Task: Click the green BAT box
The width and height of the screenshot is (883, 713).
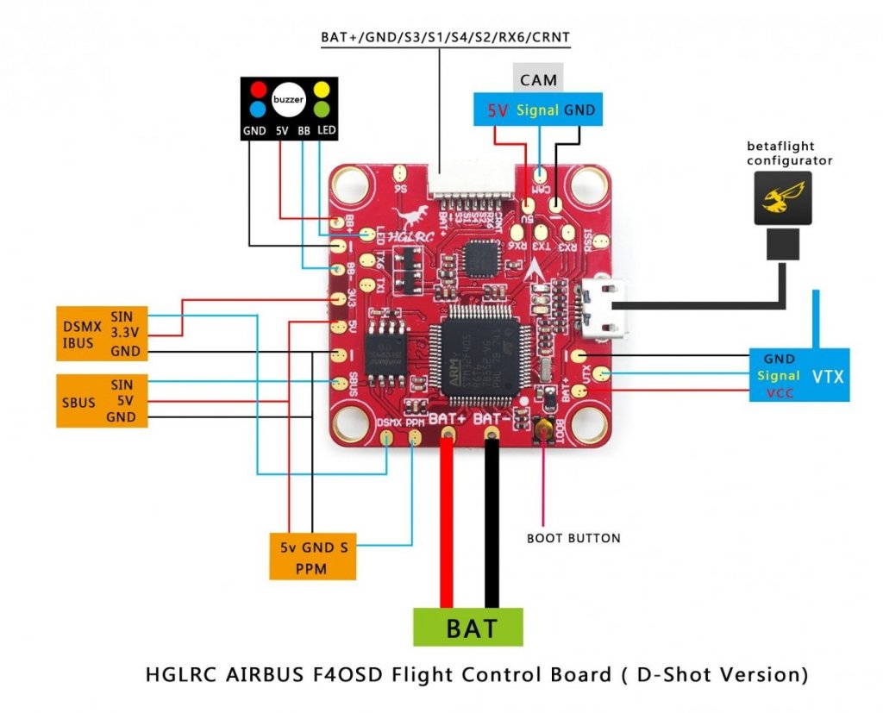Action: coord(468,627)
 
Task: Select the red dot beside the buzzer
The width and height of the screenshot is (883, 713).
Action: coord(257,89)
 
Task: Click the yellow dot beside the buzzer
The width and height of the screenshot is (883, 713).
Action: coord(321,89)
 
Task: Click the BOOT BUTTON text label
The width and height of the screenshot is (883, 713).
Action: coord(573,538)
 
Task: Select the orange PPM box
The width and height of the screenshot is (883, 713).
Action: coord(311,557)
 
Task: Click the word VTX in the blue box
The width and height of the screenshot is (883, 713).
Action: coord(829,376)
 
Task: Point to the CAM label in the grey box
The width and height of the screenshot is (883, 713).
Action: coord(538,80)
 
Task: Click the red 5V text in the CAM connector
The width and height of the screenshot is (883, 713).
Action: coord(498,110)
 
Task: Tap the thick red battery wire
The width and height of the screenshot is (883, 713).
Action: coord(447,526)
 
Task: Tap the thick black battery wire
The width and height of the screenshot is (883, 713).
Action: coord(492,526)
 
